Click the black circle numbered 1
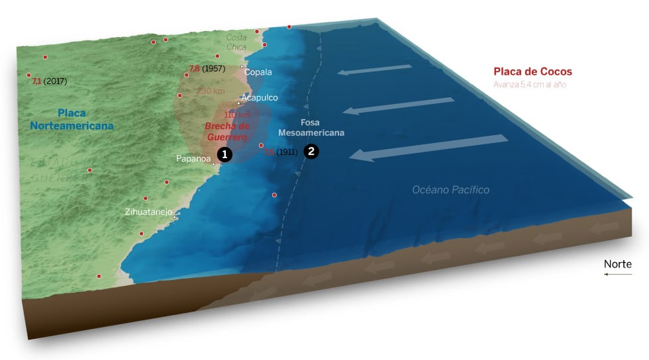(225, 154)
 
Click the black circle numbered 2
(311, 151)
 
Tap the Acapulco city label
(260, 97)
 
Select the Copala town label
(258, 72)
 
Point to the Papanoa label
(193, 159)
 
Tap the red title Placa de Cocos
(532, 71)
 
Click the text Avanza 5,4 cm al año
(530, 85)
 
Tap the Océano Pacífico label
(450, 190)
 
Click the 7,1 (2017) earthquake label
(49, 81)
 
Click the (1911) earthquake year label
(286, 152)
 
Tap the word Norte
(617, 264)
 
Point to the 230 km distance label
(210, 91)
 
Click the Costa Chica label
(236, 42)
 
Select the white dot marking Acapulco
(238, 103)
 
